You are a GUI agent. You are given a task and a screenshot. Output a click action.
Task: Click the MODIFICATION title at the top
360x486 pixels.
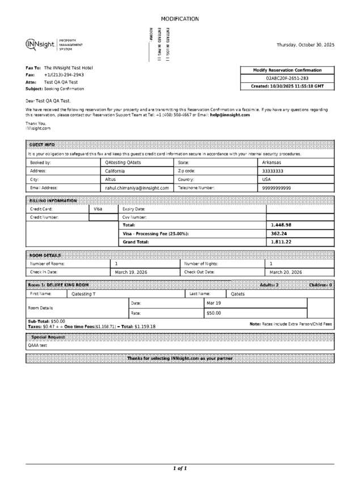180,19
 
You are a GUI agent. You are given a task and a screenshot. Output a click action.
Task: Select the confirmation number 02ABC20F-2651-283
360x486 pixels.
287,78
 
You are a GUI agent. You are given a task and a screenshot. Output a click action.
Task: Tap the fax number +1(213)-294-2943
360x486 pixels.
63,75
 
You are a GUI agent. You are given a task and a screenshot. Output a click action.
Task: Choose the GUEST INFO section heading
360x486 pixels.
42,145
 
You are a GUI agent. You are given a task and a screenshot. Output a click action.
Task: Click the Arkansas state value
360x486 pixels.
272,162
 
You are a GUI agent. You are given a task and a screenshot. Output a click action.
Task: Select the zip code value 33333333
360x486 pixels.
273,171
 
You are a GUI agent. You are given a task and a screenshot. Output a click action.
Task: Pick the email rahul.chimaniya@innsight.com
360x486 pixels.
137,188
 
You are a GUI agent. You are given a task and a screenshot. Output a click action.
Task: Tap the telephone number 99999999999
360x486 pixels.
277,188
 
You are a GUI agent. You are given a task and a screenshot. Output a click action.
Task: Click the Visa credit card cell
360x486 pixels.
98,209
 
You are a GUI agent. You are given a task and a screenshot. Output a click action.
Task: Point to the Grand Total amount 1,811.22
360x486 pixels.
281,242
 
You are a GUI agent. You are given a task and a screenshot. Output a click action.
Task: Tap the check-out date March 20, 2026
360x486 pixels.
286,272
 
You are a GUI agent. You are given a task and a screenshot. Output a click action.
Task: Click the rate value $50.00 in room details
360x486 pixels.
214,313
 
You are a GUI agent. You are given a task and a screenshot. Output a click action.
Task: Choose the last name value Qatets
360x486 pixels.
238,294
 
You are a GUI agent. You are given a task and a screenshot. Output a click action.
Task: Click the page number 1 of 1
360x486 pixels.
180,468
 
